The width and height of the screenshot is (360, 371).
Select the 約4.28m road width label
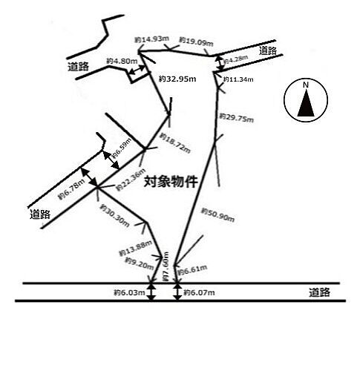(x=236, y=58)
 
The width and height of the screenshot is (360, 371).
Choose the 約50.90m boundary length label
(x=217, y=217)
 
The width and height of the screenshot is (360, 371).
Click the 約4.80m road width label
(x=122, y=61)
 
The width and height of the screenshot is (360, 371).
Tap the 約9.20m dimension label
(x=139, y=263)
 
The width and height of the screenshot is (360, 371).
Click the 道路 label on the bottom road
(x=319, y=293)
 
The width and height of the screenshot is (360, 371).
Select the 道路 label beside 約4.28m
(x=268, y=50)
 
